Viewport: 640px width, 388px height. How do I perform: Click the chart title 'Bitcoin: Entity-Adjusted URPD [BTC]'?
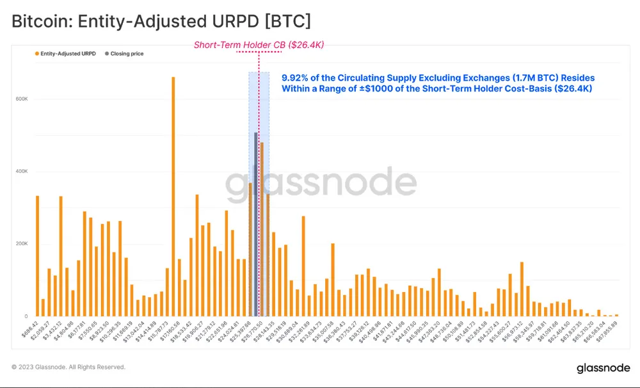pos(161,21)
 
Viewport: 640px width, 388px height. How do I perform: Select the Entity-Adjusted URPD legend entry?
pos(65,54)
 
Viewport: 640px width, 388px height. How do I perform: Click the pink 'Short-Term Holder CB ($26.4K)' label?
pos(260,44)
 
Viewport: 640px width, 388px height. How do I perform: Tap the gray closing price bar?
pos(255,224)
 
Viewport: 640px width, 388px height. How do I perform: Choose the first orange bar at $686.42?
pos(37,256)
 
